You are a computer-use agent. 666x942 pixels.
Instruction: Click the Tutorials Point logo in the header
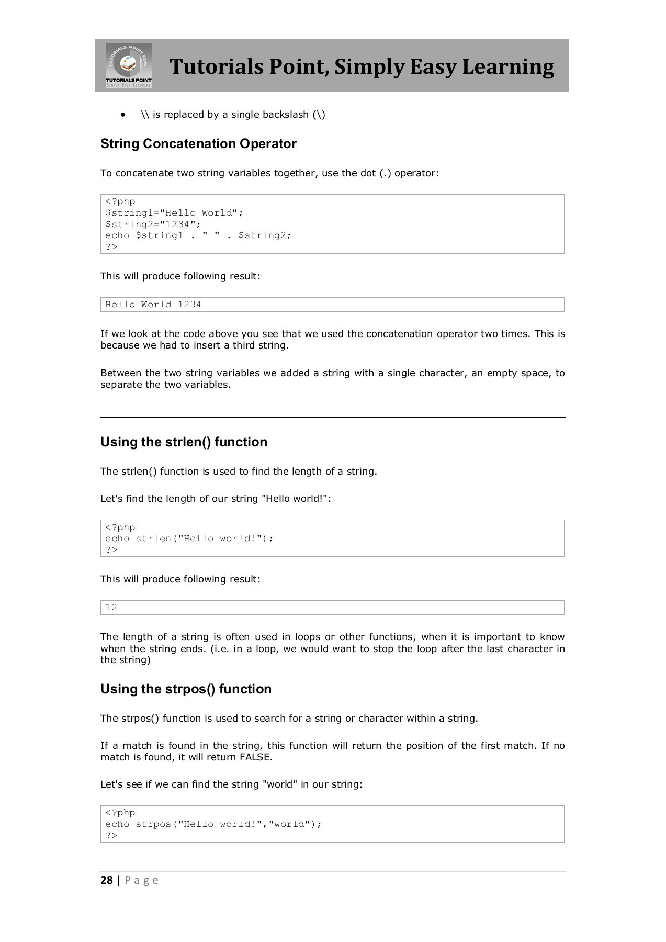[x=129, y=65]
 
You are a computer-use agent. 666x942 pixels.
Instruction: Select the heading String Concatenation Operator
[x=198, y=144]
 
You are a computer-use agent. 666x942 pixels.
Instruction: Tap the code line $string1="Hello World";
[x=174, y=213]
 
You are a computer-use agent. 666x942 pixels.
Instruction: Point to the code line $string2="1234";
[x=153, y=224]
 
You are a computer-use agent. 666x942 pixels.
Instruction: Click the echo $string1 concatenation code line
[x=198, y=235]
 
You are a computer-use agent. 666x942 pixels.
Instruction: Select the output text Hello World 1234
[x=153, y=305]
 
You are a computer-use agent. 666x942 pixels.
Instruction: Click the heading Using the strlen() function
[x=184, y=442]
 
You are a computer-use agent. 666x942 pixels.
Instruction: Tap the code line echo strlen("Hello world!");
[x=189, y=539]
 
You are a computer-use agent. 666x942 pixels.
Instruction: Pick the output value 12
[x=111, y=608]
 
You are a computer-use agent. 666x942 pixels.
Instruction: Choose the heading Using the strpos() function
[x=186, y=689]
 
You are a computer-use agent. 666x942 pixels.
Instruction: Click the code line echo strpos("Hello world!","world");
[x=213, y=824]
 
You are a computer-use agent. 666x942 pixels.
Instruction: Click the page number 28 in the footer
[x=107, y=880]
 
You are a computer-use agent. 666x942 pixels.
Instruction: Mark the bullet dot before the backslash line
[x=123, y=115]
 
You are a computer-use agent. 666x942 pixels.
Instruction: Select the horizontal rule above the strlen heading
[x=333, y=418]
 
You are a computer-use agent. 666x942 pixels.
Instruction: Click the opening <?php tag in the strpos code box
[x=120, y=813]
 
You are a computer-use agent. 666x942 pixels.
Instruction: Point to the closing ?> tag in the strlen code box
[x=111, y=550]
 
